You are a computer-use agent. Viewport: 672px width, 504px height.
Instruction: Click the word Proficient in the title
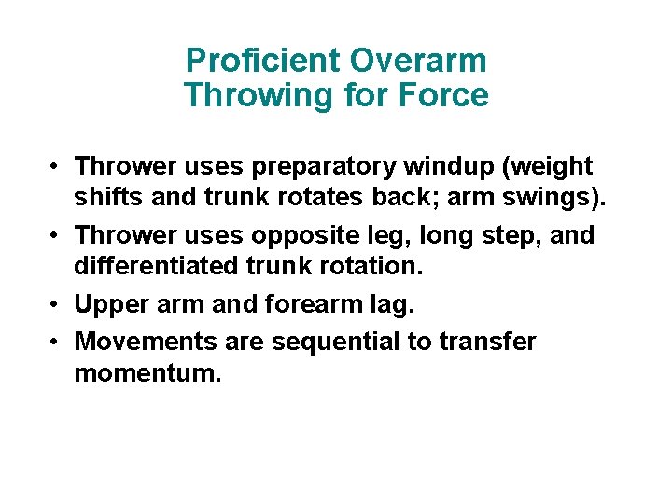[262, 62]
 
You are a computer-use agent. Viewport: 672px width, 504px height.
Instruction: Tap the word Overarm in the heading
[417, 62]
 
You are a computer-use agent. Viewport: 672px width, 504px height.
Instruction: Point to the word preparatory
[323, 167]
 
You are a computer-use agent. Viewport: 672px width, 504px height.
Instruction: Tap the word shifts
[108, 199]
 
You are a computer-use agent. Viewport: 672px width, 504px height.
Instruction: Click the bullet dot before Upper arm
[57, 304]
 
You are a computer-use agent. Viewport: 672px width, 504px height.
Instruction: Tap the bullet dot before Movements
[57, 342]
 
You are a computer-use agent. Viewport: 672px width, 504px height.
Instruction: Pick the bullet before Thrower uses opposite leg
[57, 234]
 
